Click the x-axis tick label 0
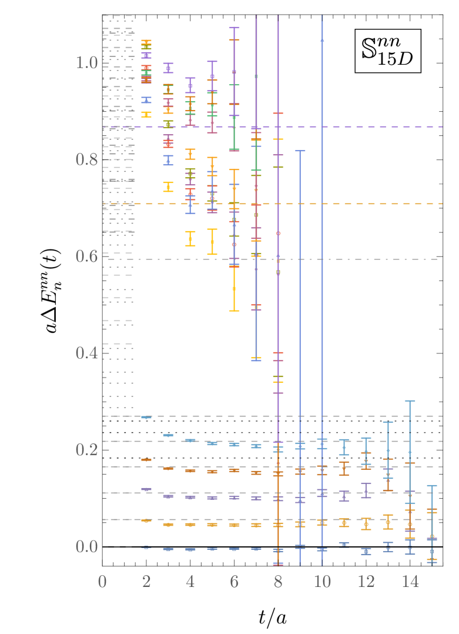pyautogui.click(x=102, y=582)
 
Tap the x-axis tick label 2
pyautogui.click(x=146, y=582)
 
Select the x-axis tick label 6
pyautogui.click(x=234, y=582)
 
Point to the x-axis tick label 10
pyautogui.click(x=322, y=582)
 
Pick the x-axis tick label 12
pyautogui.click(x=366, y=582)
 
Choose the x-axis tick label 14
pyautogui.click(x=410, y=582)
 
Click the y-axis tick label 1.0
pyautogui.click(x=87, y=63)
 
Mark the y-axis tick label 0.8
pyautogui.click(x=87, y=159)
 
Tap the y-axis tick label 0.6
pyautogui.click(x=87, y=256)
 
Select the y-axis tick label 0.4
pyautogui.click(x=87, y=353)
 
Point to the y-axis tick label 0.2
pyautogui.click(x=87, y=449)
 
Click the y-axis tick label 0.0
pyautogui.click(x=87, y=546)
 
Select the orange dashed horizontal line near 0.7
pyautogui.click(x=353, y=203)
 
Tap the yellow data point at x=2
pyautogui.click(x=146, y=115)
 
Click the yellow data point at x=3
pyautogui.click(x=168, y=187)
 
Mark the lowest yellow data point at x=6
pyautogui.click(x=234, y=289)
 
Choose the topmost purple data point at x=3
pyautogui.click(x=168, y=68)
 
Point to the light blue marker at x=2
pyautogui.click(x=146, y=417)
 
